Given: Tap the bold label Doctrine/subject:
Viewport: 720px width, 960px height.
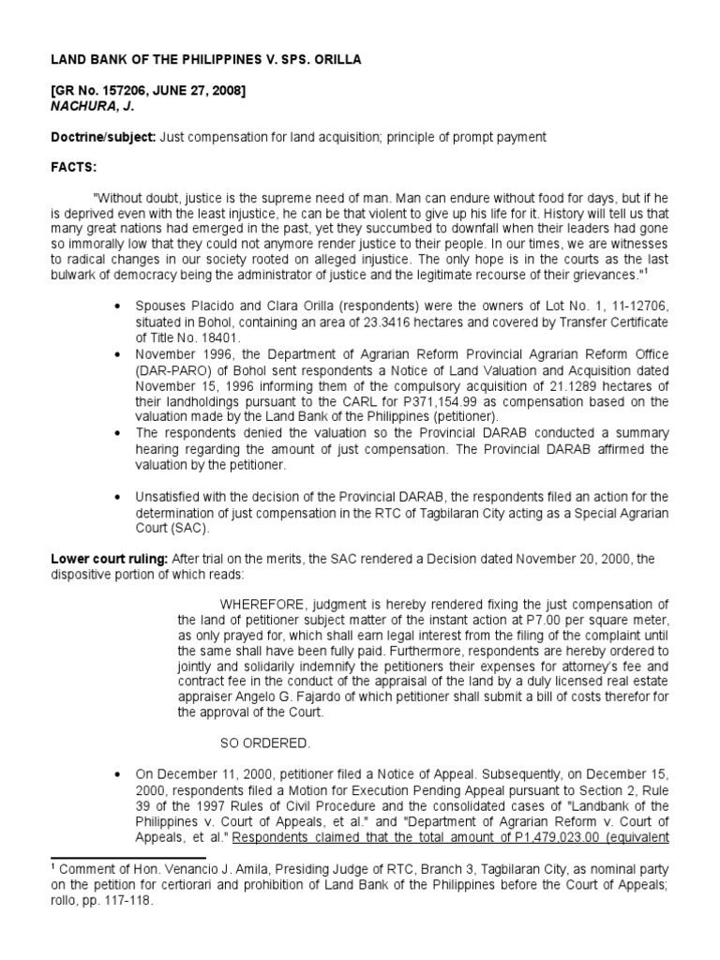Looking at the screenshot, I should (x=102, y=138).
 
